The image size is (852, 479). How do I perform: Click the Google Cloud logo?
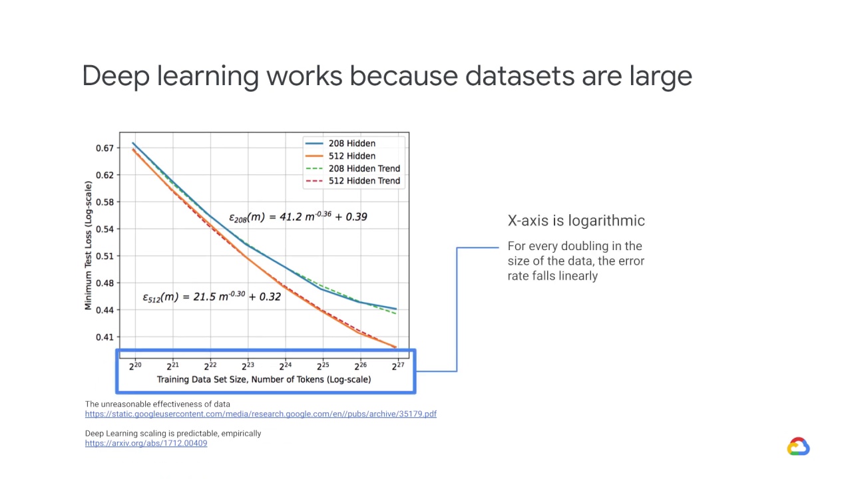tap(798, 446)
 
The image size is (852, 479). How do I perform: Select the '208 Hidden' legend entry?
tap(351, 143)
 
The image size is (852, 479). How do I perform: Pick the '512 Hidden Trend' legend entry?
tap(364, 180)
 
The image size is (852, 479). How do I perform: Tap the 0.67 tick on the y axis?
tap(105, 148)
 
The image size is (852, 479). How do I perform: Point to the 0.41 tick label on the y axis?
tap(105, 337)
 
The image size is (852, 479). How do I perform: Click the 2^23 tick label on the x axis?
tap(248, 365)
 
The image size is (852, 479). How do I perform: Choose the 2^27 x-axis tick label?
tap(397, 365)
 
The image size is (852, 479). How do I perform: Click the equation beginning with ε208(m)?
tap(298, 216)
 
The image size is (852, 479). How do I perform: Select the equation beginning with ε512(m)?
tap(212, 297)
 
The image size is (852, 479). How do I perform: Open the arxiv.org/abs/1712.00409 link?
tap(146, 443)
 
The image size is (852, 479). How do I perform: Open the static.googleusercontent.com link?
tap(260, 414)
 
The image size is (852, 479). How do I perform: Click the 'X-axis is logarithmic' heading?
tap(576, 221)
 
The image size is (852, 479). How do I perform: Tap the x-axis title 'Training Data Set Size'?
tap(264, 379)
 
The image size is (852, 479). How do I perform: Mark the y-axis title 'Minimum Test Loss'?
tap(89, 245)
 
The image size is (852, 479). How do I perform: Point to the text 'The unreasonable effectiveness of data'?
tap(157, 404)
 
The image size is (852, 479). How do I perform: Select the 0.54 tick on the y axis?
tap(105, 229)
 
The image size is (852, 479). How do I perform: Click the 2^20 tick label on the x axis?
tap(135, 365)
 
